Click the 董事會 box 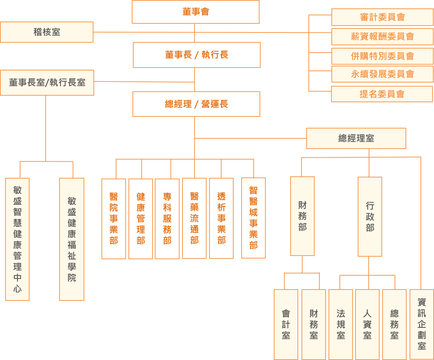[196, 12]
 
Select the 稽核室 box [47, 32]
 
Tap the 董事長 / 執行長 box [196, 55]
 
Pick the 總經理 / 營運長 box [196, 104]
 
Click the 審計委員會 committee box [382, 17]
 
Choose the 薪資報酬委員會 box [382, 37]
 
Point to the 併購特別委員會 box [382, 56]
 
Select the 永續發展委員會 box [382, 74]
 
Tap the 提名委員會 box [382, 94]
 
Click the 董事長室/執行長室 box [47, 83]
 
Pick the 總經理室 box [356, 138]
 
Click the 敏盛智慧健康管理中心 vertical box [18, 239]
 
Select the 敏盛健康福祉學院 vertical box [72, 239]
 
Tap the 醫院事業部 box [114, 219]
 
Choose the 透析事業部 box [221, 218]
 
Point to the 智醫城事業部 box [253, 218]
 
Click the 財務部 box [302, 216]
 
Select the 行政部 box [370, 217]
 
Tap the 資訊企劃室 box [422, 324]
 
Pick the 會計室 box [286, 325]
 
